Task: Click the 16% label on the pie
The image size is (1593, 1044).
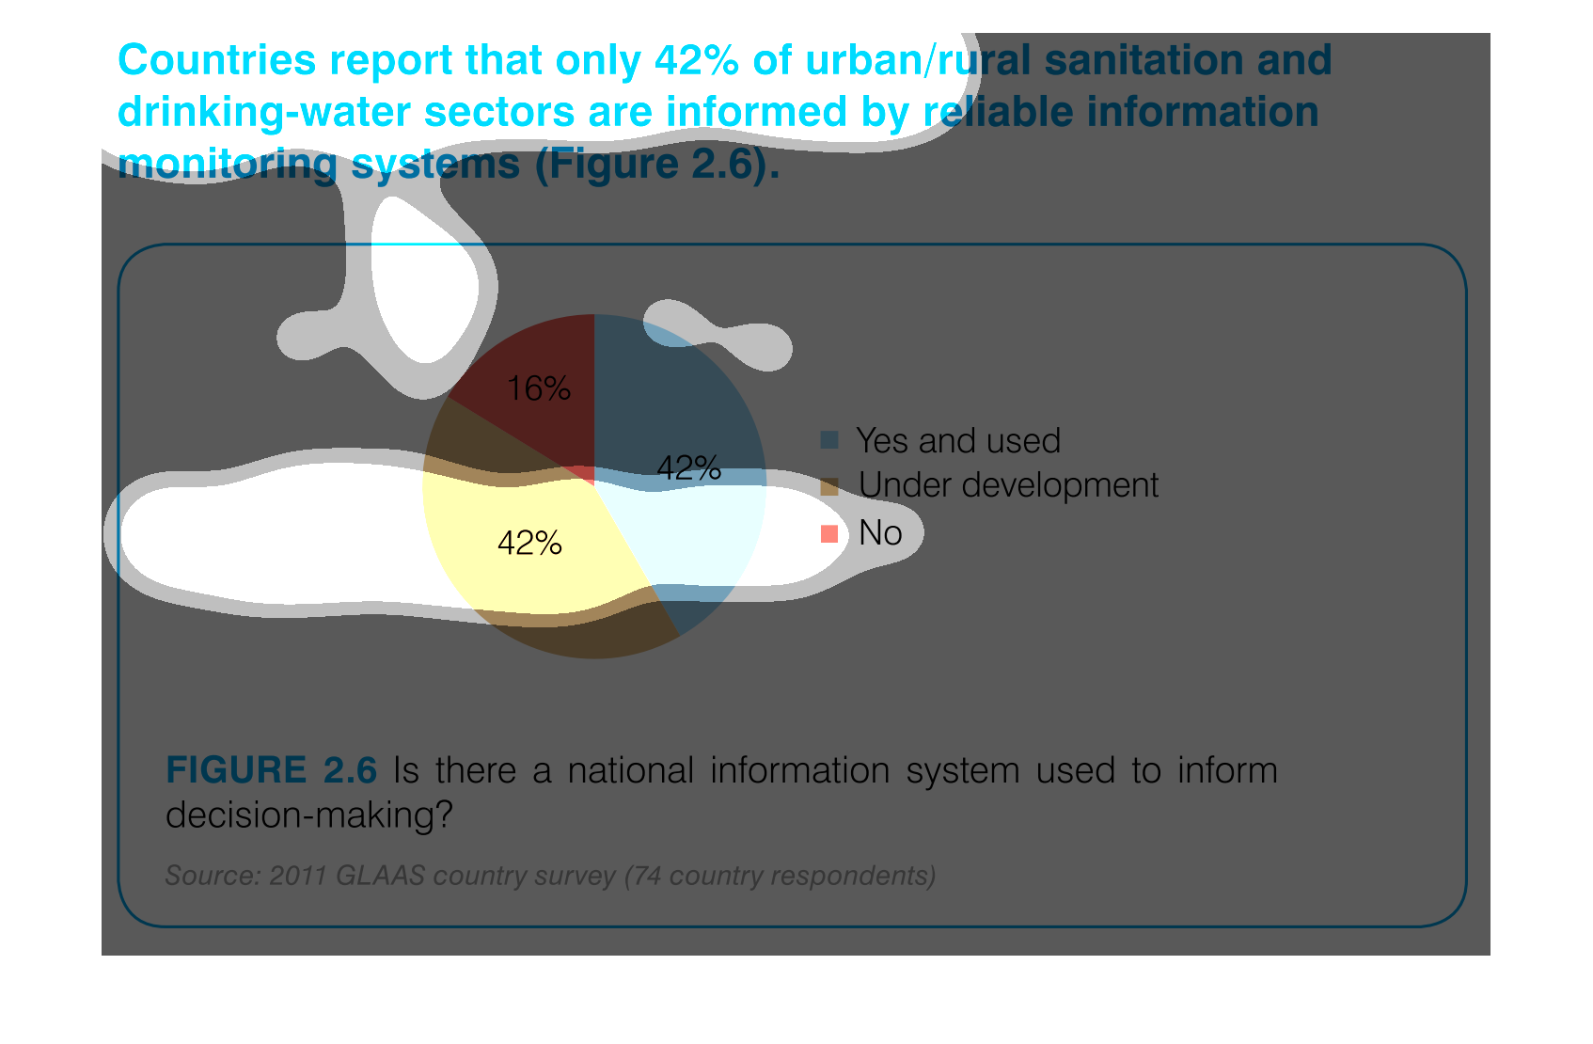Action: [538, 389]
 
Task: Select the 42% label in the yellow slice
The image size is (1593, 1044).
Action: [529, 544]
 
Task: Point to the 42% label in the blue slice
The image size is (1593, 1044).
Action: [689, 468]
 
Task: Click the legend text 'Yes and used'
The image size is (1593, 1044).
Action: [958, 440]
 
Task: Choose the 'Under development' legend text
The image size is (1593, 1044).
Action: [1008, 485]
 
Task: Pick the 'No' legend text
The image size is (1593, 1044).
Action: [880, 532]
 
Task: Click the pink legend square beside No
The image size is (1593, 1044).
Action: [829, 533]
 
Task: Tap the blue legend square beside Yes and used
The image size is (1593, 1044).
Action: [829, 439]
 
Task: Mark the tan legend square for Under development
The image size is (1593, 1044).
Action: [829, 486]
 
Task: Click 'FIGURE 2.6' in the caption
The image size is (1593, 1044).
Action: [271, 770]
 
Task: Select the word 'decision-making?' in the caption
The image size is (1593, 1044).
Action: [309, 815]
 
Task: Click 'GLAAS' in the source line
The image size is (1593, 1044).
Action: [380, 876]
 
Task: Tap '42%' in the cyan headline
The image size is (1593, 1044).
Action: [697, 60]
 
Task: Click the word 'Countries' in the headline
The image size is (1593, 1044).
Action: [217, 60]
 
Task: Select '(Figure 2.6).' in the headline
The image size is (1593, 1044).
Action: [657, 165]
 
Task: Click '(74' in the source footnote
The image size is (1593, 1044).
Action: [643, 876]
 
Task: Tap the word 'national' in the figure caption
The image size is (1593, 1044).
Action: [630, 770]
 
